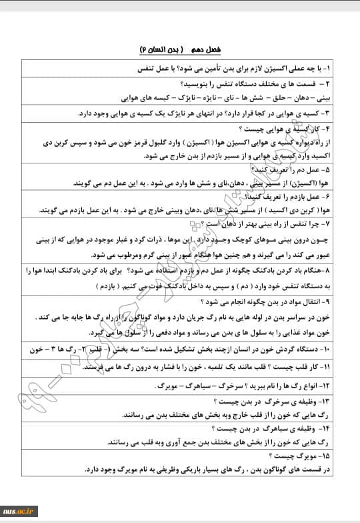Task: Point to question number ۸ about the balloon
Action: pos(336,272)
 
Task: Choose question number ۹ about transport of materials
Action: pos(336,302)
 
